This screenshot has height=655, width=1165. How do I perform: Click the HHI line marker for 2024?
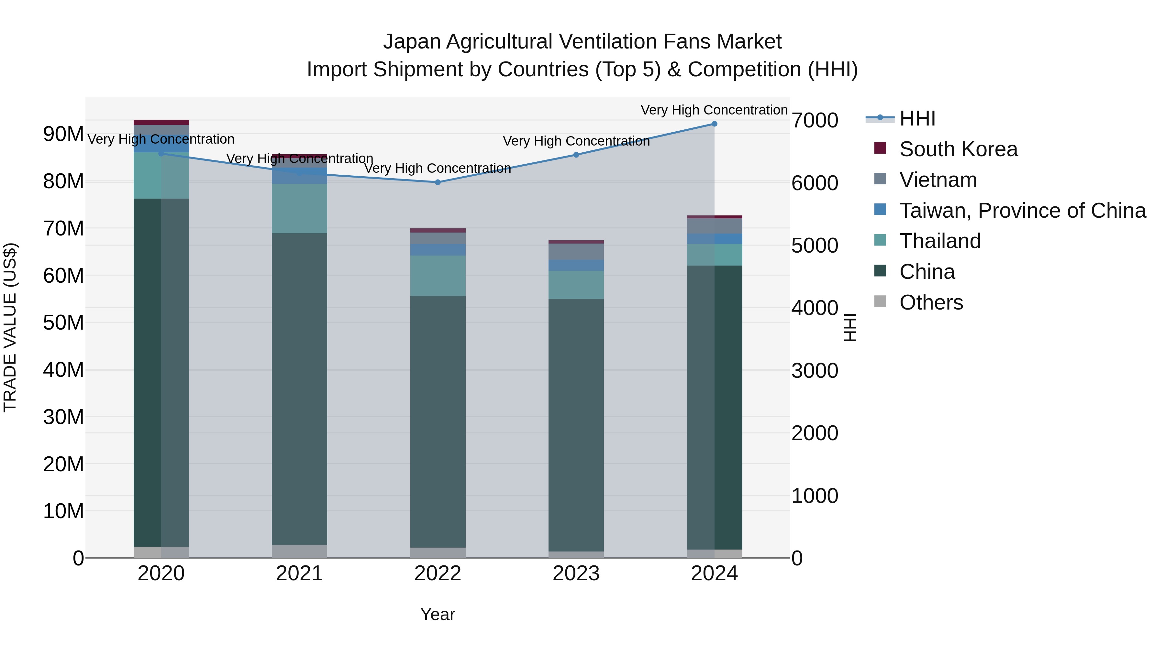tap(714, 124)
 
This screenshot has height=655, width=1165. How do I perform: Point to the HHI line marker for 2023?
tap(576, 155)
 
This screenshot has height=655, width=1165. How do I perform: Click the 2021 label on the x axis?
tap(299, 573)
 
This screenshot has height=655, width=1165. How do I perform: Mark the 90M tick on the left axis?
tap(63, 134)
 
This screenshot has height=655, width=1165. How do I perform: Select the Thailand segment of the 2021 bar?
tap(299, 208)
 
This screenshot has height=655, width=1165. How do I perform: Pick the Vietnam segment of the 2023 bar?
tap(576, 252)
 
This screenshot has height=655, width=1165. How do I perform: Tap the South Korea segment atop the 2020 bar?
tap(161, 123)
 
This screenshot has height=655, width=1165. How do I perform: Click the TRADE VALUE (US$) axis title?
tap(10, 327)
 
